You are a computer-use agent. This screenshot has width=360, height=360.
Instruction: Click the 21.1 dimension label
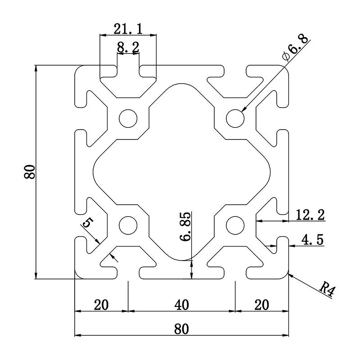[128, 29]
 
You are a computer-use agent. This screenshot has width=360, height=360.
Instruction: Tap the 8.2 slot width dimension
[128, 47]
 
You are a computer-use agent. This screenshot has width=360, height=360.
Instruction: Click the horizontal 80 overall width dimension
[181, 329]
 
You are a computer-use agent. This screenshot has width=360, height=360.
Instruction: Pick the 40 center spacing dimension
[181, 305]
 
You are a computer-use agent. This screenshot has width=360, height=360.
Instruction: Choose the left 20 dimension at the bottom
[101, 305]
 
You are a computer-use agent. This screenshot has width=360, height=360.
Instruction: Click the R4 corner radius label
[328, 289]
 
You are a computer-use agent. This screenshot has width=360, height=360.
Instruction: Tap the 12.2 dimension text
[310, 215]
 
